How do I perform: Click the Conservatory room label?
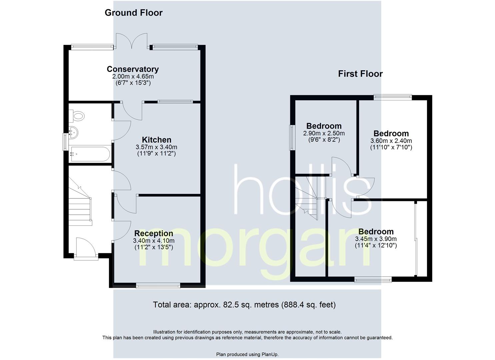tap(133, 69)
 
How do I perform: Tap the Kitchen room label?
tap(156, 140)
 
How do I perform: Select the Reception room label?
tap(153, 233)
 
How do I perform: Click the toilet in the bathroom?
tap(78, 116)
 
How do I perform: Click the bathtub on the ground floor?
tap(89, 154)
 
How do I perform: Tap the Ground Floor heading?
tap(133, 13)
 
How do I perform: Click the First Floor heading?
tap(360, 74)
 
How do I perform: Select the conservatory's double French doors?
tap(131, 41)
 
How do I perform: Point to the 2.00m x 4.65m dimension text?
tap(133, 76)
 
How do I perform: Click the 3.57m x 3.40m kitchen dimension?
tap(156, 147)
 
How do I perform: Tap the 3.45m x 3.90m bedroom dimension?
tap(376, 239)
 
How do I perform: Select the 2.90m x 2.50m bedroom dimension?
tap(324, 133)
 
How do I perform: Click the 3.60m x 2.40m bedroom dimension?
tap(391, 141)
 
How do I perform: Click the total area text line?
tap(244, 305)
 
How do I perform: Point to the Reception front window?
tap(158, 285)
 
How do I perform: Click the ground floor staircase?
tap(80, 203)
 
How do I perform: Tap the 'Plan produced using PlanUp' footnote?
tap(247, 354)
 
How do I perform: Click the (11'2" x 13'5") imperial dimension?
tap(153, 247)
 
